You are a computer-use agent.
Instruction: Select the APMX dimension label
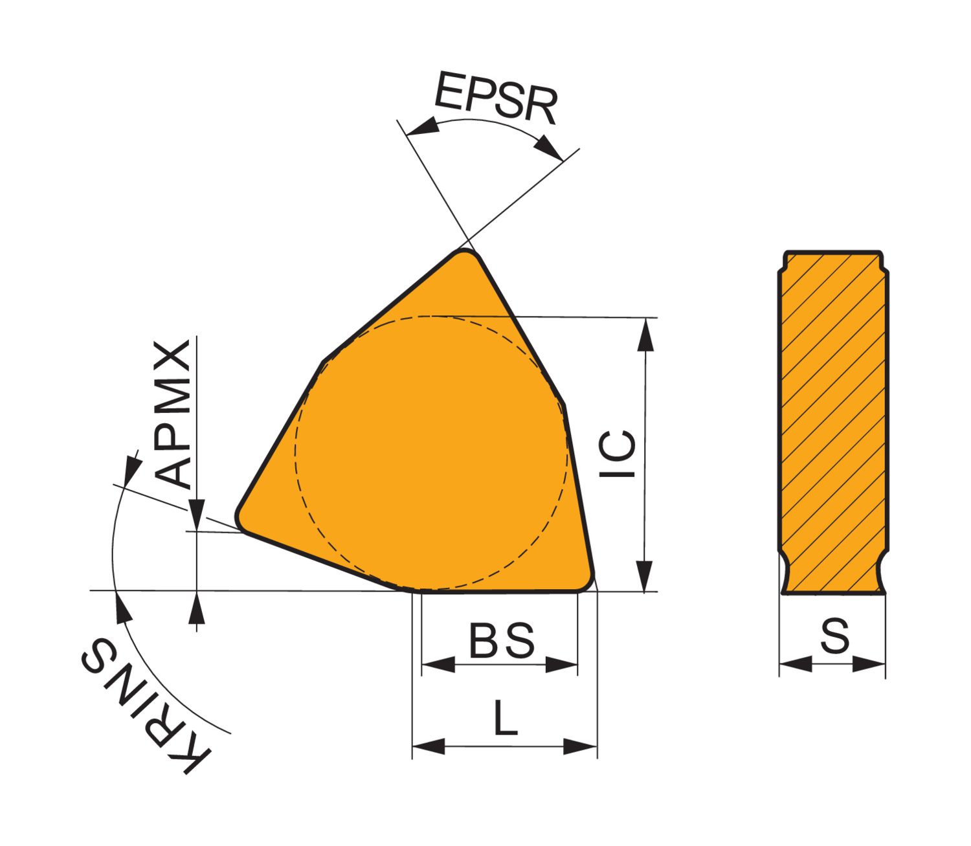[173, 414]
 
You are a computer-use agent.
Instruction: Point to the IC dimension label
[617, 454]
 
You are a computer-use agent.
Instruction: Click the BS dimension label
[502, 641]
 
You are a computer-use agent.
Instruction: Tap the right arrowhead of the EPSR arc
[549, 148]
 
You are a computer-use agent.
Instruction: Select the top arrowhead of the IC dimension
[645, 335]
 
